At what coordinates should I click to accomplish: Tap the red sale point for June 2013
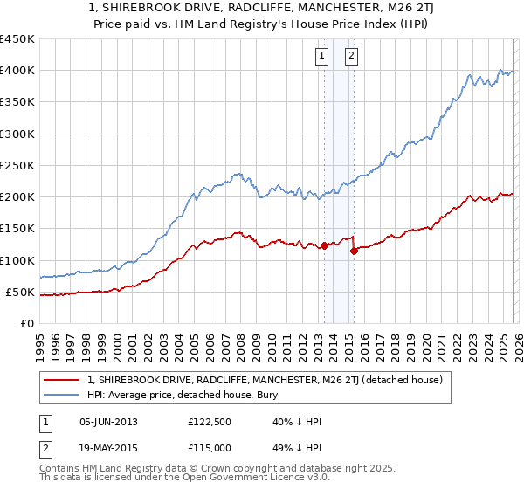[x=324, y=246]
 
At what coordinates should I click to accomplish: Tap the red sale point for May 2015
[x=354, y=251]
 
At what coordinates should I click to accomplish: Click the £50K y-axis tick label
[x=20, y=292]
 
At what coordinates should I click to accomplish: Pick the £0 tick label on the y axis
[x=27, y=323]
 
